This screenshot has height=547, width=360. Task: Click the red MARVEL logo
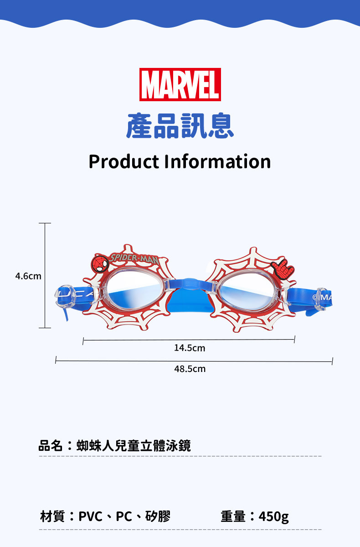[180, 84]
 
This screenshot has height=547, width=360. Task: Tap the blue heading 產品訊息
[180, 125]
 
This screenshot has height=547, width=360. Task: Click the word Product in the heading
[123, 161]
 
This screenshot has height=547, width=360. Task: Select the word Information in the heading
[217, 161]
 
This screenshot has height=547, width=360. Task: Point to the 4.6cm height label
[28, 276]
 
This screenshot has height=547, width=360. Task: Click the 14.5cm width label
[190, 348]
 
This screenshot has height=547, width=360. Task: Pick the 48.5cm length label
[190, 369]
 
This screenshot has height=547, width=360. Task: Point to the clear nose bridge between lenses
[190, 285]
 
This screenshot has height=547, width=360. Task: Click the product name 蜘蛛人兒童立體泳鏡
[134, 445]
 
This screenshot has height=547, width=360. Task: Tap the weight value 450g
[273, 516]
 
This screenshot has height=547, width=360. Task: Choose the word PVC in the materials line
[91, 516]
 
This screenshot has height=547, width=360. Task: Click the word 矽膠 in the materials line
[158, 516]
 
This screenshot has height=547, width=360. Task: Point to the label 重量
[233, 516]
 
